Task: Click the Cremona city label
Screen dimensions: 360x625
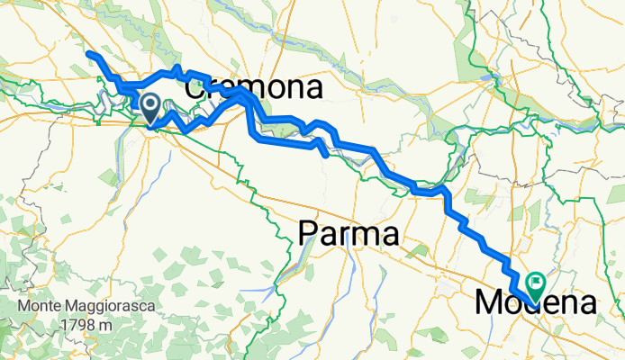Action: [254, 89]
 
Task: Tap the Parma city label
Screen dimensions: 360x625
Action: [348, 236]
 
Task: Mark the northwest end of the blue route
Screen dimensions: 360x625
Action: [88, 55]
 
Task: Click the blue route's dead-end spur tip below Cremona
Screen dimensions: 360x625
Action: [325, 154]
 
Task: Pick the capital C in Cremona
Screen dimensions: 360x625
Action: [195, 89]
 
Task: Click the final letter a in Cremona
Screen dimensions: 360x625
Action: [313, 89]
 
